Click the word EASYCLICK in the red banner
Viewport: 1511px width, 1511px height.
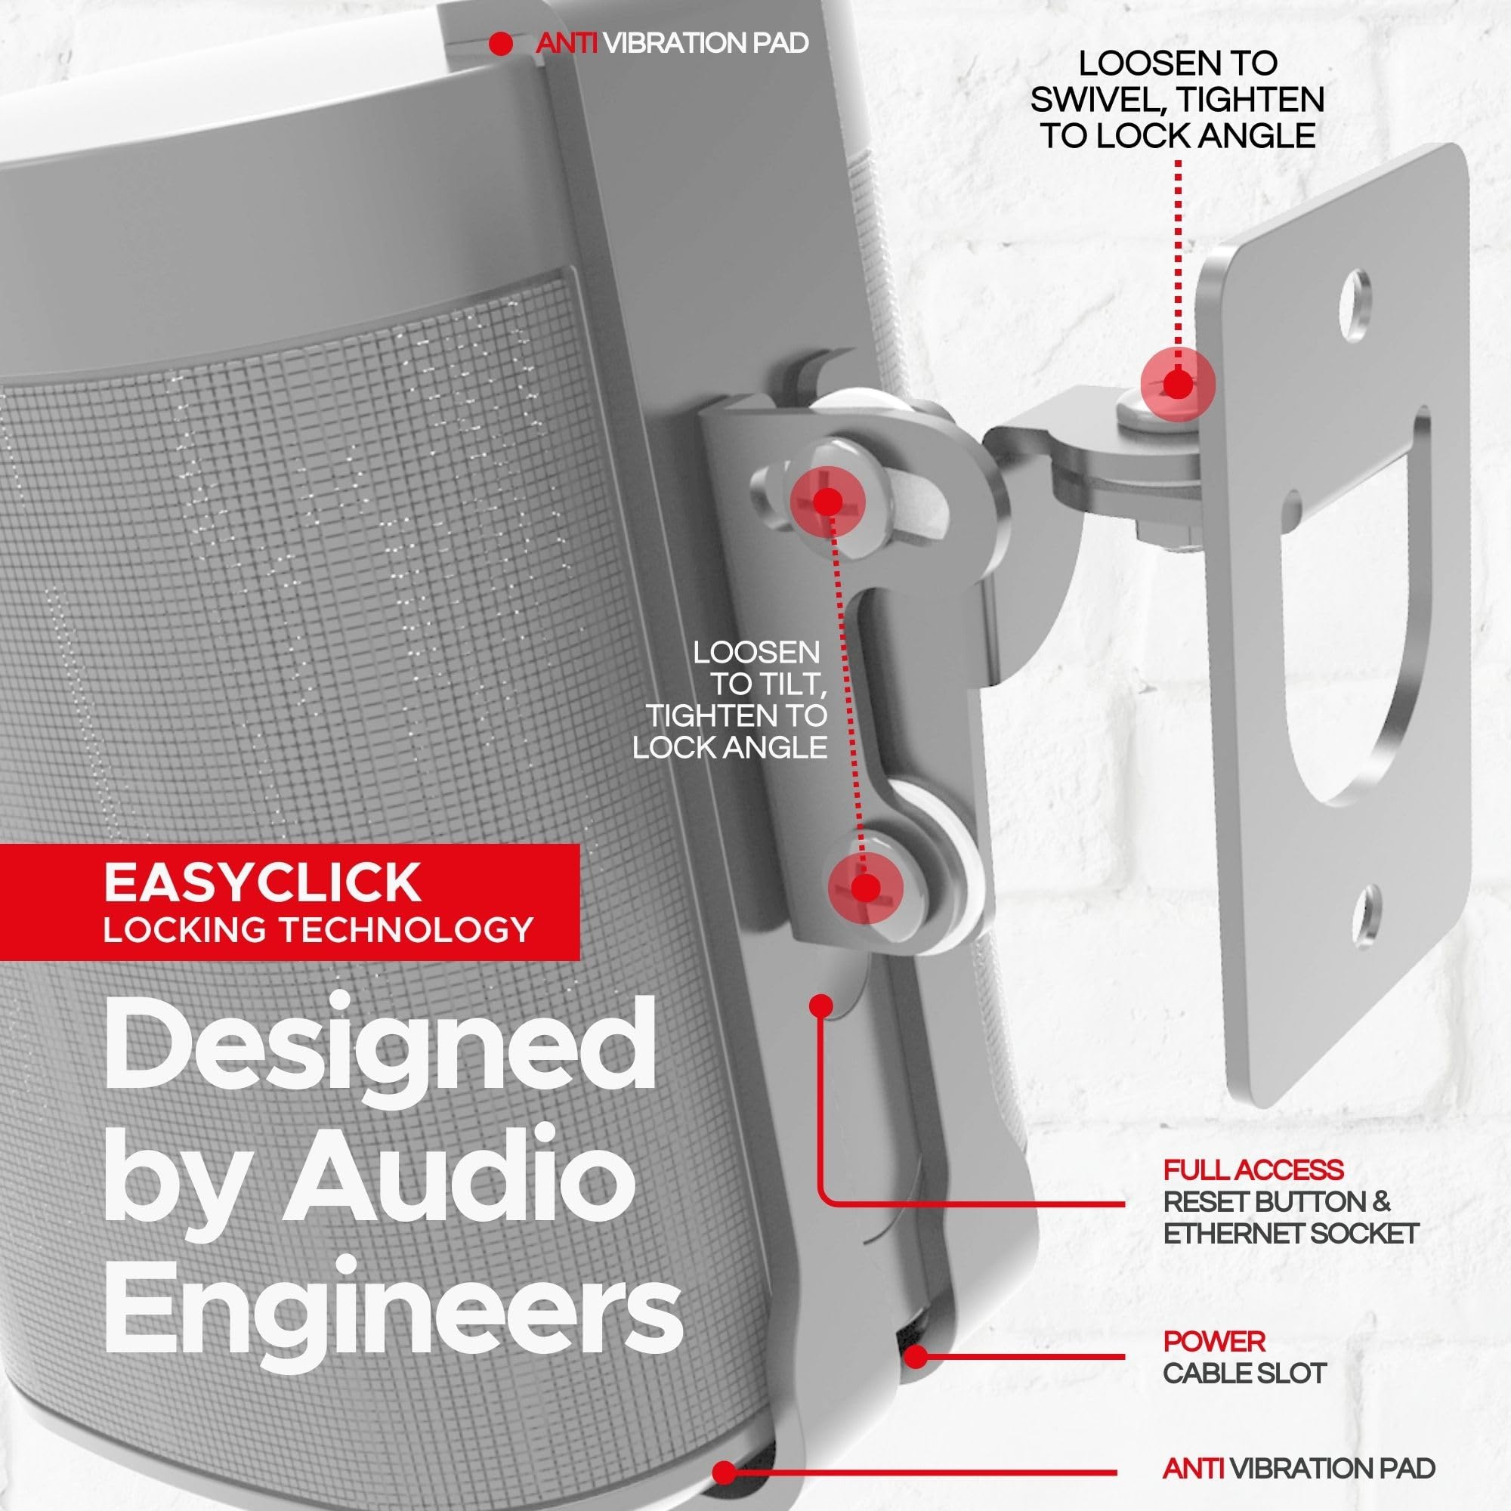tap(262, 882)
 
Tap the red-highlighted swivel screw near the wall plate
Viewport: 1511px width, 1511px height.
tap(1177, 385)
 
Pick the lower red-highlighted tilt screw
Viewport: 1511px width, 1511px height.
tap(865, 888)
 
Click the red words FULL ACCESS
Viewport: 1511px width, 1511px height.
tap(1253, 1170)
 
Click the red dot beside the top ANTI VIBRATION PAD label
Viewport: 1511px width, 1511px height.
tap(501, 45)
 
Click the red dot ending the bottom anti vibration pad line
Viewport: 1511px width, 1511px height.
tap(725, 1473)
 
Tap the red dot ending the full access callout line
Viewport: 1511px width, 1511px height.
tap(821, 1006)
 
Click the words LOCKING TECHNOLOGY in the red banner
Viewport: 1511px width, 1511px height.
tap(318, 930)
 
